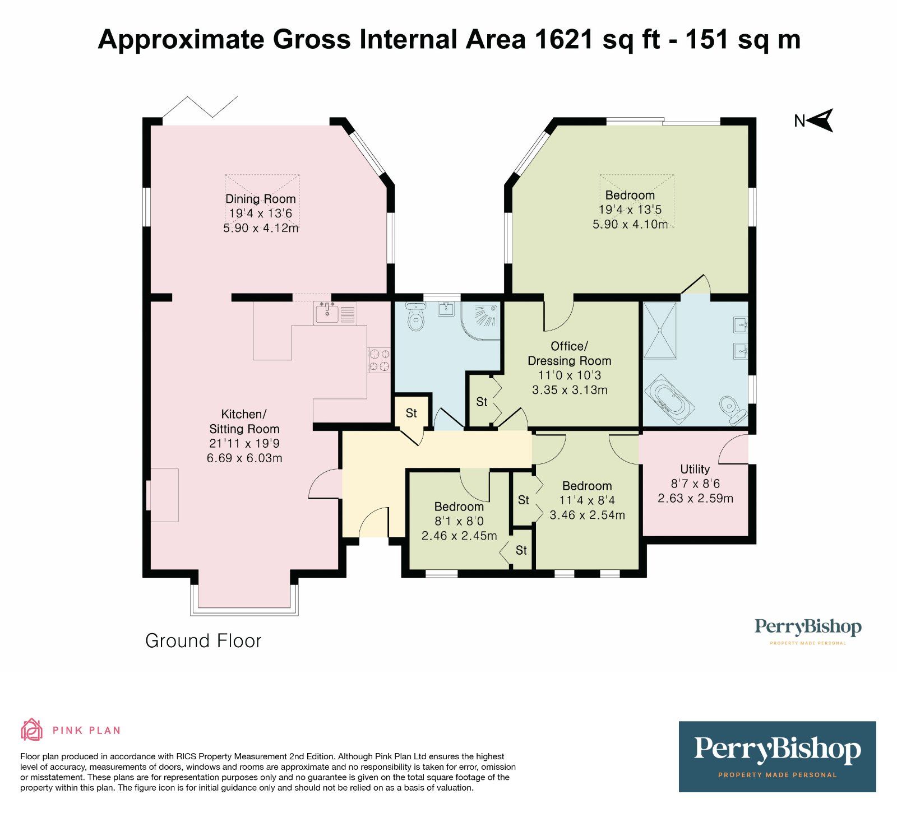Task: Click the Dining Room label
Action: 260,199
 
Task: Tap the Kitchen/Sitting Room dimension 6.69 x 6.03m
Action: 244,458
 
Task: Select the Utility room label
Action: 695,470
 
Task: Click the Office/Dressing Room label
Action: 570,354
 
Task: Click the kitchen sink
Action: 327,313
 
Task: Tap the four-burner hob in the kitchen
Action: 379,360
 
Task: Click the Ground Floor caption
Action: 204,640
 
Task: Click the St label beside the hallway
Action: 411,413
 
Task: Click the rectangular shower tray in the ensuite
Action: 660,330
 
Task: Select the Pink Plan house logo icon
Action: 32,730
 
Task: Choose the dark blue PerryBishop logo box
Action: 777,756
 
